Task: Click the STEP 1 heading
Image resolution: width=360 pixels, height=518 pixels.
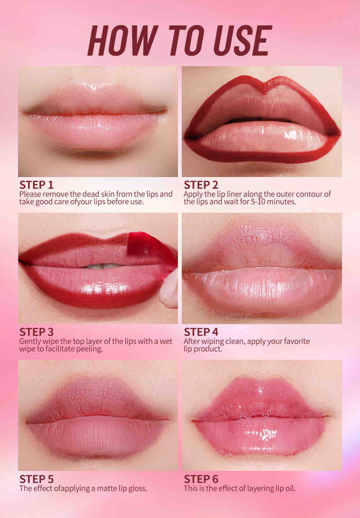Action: pyautogui.click(x=36, y=185)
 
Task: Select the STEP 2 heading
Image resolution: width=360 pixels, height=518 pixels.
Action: pyautogui.click(x=201, y=185)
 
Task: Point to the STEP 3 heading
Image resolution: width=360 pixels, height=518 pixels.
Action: pyautogui.click(x=36, y=332)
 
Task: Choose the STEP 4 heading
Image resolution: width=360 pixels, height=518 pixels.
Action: pyautogui.click(x=201, y=332)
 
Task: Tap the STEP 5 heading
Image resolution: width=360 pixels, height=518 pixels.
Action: pyautogui.click(x=36, y=479)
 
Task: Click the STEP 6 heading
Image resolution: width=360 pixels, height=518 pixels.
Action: pyautogui.click(x=201, y=479)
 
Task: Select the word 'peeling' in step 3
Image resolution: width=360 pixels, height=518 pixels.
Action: pyautogui.click(x=89, y=349)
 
